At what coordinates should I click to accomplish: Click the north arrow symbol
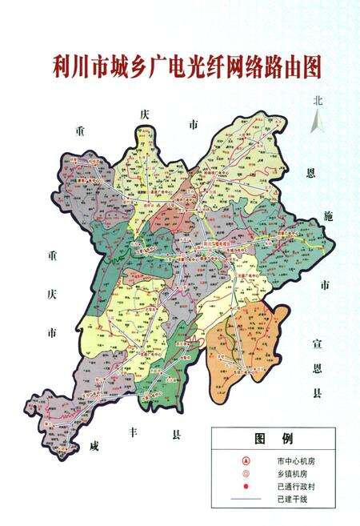318,122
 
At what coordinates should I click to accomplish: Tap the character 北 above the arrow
318,102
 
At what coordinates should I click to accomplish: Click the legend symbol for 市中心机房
246,461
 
